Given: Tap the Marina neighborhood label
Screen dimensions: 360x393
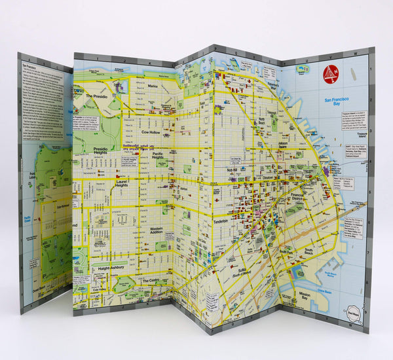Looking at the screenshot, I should [153, 85].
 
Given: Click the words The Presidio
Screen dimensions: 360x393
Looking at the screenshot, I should [100, 96].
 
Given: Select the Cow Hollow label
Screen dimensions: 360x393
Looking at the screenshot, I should [151, 131].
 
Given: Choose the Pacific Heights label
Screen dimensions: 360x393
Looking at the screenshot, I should [158, 155].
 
